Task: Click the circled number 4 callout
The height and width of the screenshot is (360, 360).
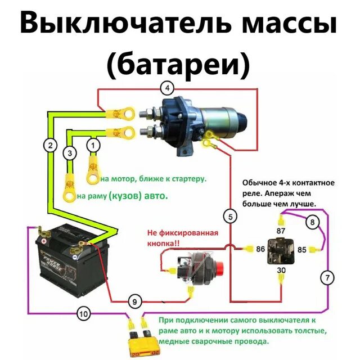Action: tap(167, 87)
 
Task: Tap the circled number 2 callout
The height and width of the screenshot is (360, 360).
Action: tap(51, 145)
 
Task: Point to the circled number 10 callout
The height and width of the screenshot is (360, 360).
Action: tap(83, 314)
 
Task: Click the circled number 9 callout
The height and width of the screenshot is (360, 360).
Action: tap(133, 301)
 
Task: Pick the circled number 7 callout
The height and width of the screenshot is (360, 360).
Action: tap(327, 277)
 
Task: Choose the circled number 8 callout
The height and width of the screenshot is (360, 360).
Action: tap(312, 223)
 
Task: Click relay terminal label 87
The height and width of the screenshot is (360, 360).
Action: tap(281, 231)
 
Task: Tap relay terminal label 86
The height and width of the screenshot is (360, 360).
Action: tap(260, 248)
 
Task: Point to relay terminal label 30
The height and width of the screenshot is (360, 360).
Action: tap(281, 270)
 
